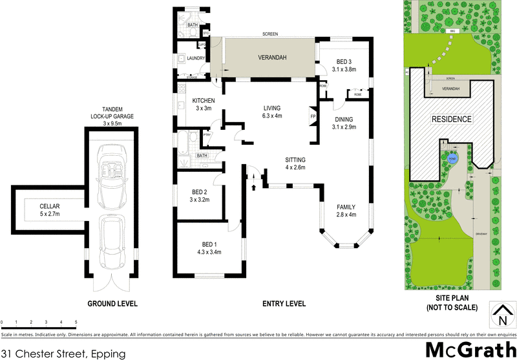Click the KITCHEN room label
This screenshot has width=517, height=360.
click(x=203, y=101)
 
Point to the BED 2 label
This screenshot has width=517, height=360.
click(x=199, y=191)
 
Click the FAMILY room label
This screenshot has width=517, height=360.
click(x=346, y=207)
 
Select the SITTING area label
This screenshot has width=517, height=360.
click(x=296, y=160)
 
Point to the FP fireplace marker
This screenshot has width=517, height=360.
click(x=313, y=117)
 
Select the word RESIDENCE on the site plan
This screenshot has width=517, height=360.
click(x=452, y=119)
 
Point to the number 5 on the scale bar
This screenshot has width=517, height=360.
click(x=76, y=321)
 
